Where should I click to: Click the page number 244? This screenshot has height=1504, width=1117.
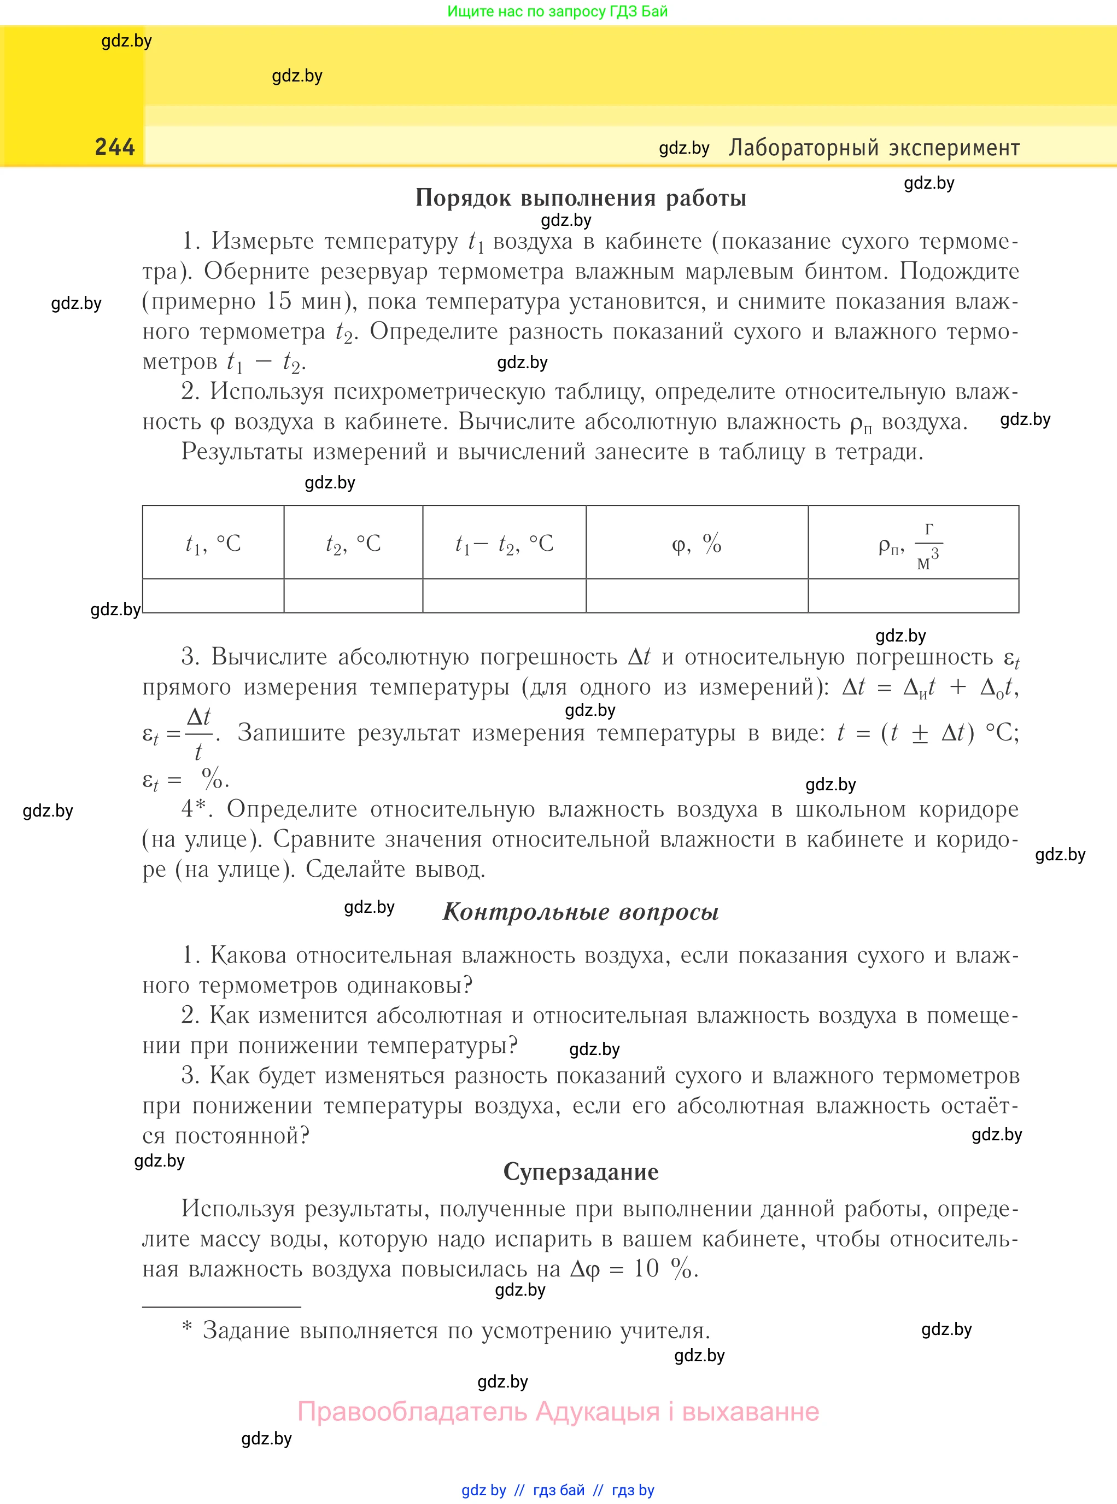pos(115,147)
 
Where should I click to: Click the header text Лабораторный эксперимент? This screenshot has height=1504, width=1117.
pos(874,148)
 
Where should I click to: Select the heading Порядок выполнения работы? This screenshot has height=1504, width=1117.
pos(580,197)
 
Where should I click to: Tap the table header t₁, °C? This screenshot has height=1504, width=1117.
pos(213,543)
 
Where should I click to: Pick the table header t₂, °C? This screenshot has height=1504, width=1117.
pos(353,543)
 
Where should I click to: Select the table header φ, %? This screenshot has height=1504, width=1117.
pos(697,543)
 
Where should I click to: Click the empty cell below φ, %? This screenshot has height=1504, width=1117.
pos(697,596)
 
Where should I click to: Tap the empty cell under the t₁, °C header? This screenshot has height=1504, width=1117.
pos(213,596)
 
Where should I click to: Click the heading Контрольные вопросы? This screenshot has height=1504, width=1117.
pos(580,912)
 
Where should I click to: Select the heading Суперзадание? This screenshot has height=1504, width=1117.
pos(580,1171)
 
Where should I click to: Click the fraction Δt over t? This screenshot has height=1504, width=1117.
pos(198,733)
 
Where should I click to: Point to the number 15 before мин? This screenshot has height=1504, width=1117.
pos(279,301)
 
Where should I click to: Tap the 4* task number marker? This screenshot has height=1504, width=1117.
pos(194,809)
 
